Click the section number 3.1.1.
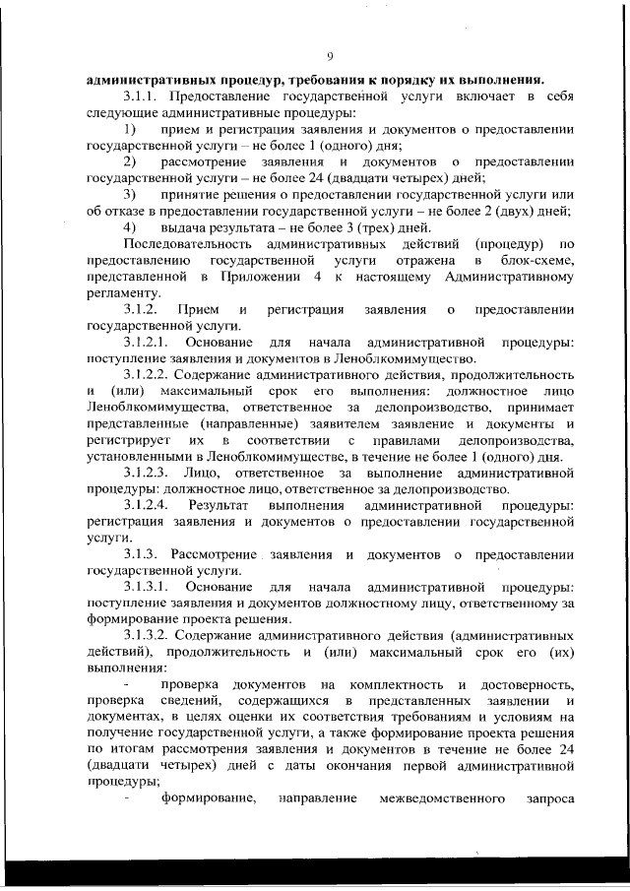pos(144,96)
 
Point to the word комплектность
pos(392,683)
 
